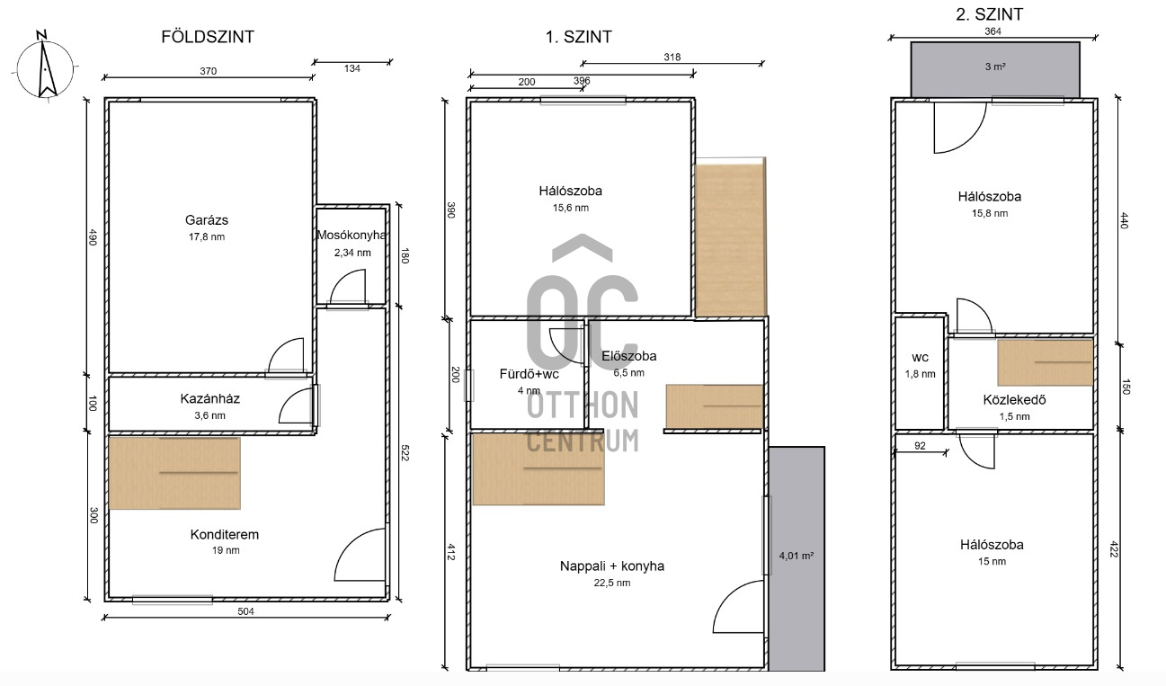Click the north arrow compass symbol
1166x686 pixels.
pyautogui.click(x=45, y=67)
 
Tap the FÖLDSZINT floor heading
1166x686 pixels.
pyautogui.click(x=208, y=37)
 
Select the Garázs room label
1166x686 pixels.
pyautogui.click(x=207, y=220)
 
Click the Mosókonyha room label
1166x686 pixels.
pyautogui.click(x=352, y=236)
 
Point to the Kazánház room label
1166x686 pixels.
pyautogui.click(x=209, y=398)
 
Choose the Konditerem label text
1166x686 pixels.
pyautogui.click(x=225, y=535)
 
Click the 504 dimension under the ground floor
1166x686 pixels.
pyautogui.click(x=245, y=611)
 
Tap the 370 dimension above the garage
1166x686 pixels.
pyautogui.click(x=209, y=71)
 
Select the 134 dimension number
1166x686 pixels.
pyautogui.click(x=352, y=68)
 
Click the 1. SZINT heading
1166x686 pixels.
pyautogui.click(x=578, y=37)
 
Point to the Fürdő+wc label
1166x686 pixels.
pyautogui.click(x=529, y=374)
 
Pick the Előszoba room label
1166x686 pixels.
pyautogui.click(x=628, y=356)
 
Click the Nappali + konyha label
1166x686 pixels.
pyautogui.click(x=611, y=566)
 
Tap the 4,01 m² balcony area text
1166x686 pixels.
pyautogui.click(x=797, y=556)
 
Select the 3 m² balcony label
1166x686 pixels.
pyautogui.click(x=995, y=67)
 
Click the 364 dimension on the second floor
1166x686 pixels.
pyautogui.click(x=992, y=31)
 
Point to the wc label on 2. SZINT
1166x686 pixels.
pyautogui.click(x=920, y=358)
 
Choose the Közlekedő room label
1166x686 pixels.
pyautogui.click(x=1014, y=400)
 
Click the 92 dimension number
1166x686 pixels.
pyautogui.click(x=920, y=446)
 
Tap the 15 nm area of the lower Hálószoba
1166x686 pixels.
pyautogui.click(x=992, y=562)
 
